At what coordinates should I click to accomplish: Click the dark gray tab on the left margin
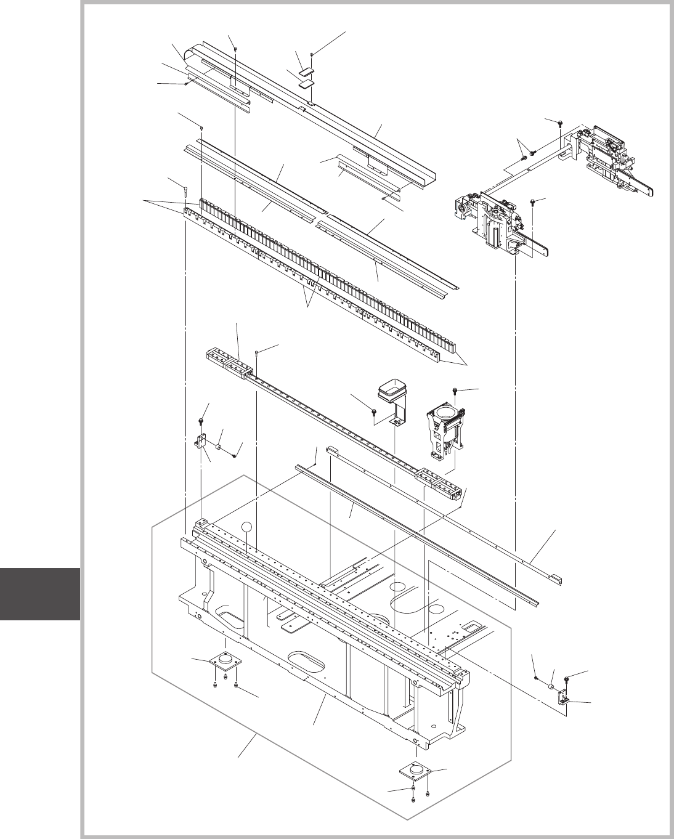point(40,594)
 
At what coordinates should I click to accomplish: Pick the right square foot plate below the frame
point(416,772)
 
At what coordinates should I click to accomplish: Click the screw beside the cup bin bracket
point(375,411)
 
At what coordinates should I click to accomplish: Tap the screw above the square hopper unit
point(455,391)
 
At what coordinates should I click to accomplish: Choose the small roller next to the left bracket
point(219,445)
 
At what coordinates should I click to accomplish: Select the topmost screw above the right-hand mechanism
point(559,123)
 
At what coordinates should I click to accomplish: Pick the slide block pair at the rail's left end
point(228,362)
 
